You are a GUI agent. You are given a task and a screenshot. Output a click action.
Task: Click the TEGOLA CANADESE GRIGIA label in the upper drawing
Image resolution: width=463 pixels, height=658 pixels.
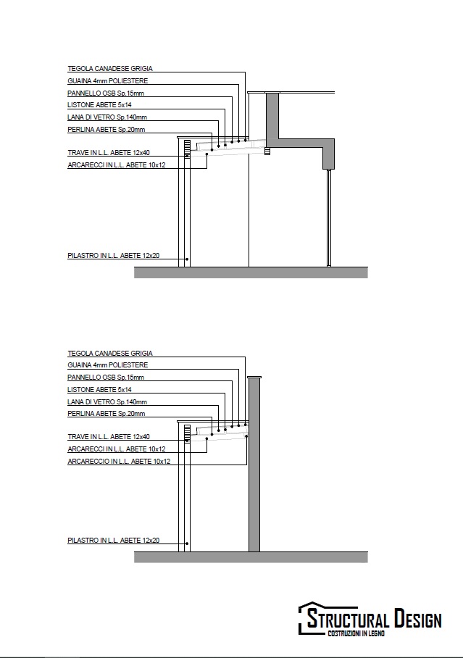coord(110,68)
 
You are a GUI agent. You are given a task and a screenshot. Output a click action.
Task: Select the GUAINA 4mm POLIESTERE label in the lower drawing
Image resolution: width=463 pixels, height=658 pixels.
coord(108,365)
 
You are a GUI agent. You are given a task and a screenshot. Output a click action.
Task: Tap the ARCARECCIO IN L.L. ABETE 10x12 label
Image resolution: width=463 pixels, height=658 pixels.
coord(119,461)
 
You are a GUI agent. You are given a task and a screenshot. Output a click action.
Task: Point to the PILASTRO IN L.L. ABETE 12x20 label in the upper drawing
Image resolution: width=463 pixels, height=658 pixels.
coord(113,255)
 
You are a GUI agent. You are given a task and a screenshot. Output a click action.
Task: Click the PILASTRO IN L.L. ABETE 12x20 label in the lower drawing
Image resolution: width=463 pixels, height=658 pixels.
coord(113,540)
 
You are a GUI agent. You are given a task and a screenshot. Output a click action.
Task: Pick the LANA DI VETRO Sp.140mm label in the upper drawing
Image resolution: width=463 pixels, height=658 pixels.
coord(107,117)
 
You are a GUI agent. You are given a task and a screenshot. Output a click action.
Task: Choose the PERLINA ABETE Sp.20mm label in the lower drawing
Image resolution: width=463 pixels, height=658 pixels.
coord(107,413)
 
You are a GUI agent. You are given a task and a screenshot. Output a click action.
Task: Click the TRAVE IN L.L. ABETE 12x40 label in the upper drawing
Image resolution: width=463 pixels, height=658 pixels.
coord(109,153)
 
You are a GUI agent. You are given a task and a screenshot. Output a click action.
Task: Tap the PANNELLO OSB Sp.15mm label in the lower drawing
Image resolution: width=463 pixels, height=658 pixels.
coord(106,377)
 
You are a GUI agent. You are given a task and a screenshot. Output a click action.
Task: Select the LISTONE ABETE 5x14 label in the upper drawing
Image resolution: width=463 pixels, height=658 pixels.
coord(99,105)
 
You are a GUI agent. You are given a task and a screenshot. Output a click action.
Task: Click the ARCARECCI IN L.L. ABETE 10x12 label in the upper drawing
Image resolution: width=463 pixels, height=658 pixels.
coord(116,165)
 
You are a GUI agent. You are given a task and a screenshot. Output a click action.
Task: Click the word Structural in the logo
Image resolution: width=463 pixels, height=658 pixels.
coord(348,619)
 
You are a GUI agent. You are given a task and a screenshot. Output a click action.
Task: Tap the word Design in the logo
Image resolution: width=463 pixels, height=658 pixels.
coord(418,619)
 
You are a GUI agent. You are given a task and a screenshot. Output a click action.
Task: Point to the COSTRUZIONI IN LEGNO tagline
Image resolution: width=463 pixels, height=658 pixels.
coord(356,633)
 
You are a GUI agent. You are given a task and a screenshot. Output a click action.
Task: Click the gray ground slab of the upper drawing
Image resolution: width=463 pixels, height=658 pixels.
coord(251,272)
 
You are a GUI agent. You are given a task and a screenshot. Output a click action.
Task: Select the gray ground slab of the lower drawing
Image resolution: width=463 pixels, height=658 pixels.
coord(251,557)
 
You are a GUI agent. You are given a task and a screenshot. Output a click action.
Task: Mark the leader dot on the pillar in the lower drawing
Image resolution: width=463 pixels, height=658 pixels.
coord(187,544)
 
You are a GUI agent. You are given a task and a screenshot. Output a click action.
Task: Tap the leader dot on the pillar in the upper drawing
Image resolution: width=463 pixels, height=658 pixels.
coord(187,259)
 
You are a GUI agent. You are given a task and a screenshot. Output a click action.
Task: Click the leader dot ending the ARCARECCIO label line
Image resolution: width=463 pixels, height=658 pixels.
coord(246,436)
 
